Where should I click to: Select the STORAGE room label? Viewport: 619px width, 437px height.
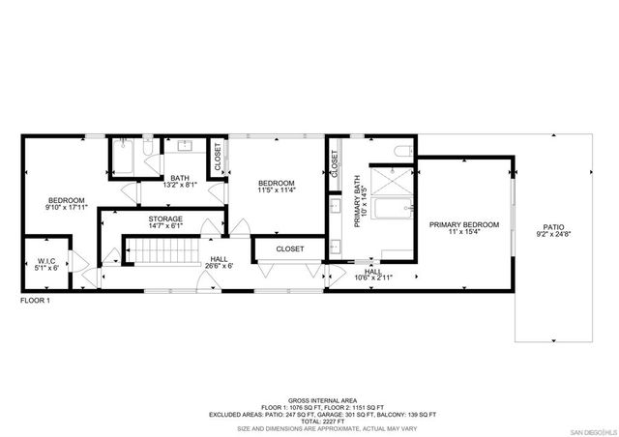pos(165,219)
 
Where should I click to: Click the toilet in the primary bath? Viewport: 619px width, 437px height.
pos(404,151)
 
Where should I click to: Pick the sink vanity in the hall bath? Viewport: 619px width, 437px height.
pos(185,146)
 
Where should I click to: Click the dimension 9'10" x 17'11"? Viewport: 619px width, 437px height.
pos(66,207)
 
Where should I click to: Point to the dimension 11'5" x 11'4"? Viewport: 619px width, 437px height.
pos(276,190)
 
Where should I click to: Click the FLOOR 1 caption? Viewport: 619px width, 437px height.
pos(35,301)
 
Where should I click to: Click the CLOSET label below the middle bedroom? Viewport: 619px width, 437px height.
pos(289,249)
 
